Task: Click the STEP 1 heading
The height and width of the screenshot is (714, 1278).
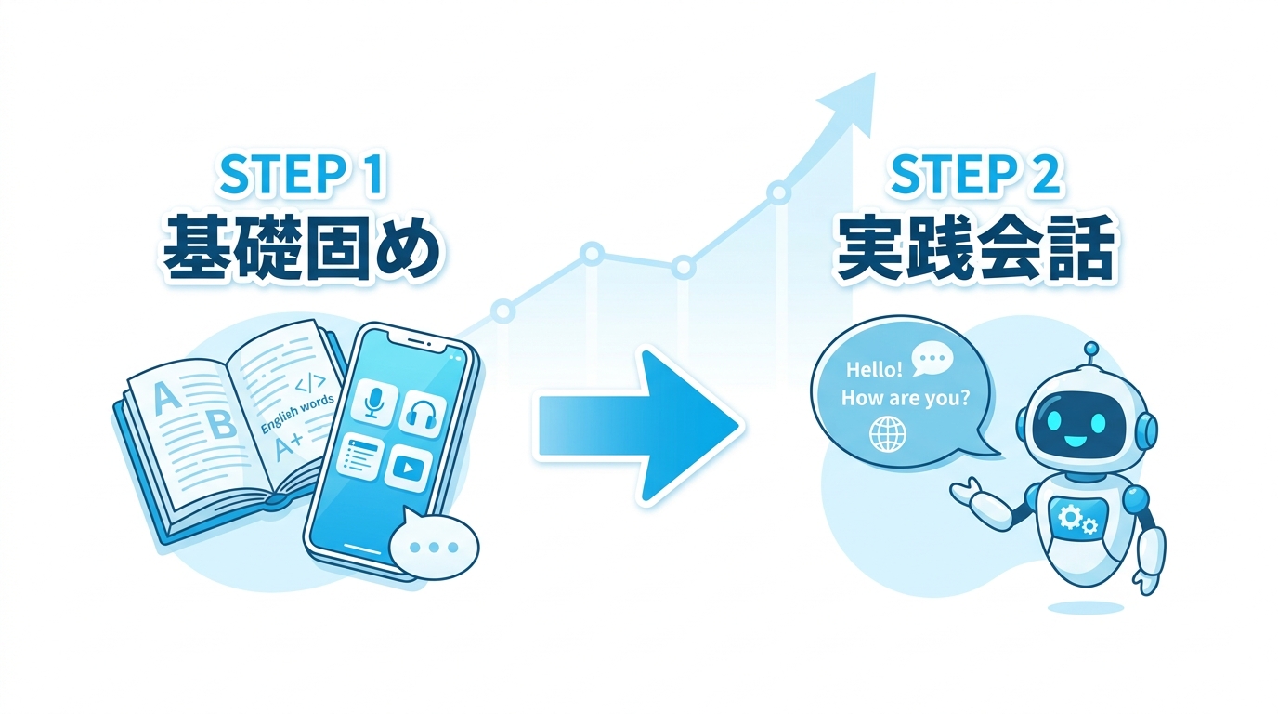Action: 301,173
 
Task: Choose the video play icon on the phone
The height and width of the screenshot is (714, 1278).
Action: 407,468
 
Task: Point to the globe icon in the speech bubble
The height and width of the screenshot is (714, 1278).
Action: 887,433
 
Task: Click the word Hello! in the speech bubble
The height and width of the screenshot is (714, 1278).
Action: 874,370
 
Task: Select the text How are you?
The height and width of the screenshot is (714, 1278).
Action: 906,398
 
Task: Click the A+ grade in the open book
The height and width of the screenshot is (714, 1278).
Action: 289,446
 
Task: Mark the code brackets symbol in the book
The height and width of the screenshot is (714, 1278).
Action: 311,381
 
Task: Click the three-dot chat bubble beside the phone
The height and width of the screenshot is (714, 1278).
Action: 434,546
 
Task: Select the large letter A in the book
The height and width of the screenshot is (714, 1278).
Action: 165,398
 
